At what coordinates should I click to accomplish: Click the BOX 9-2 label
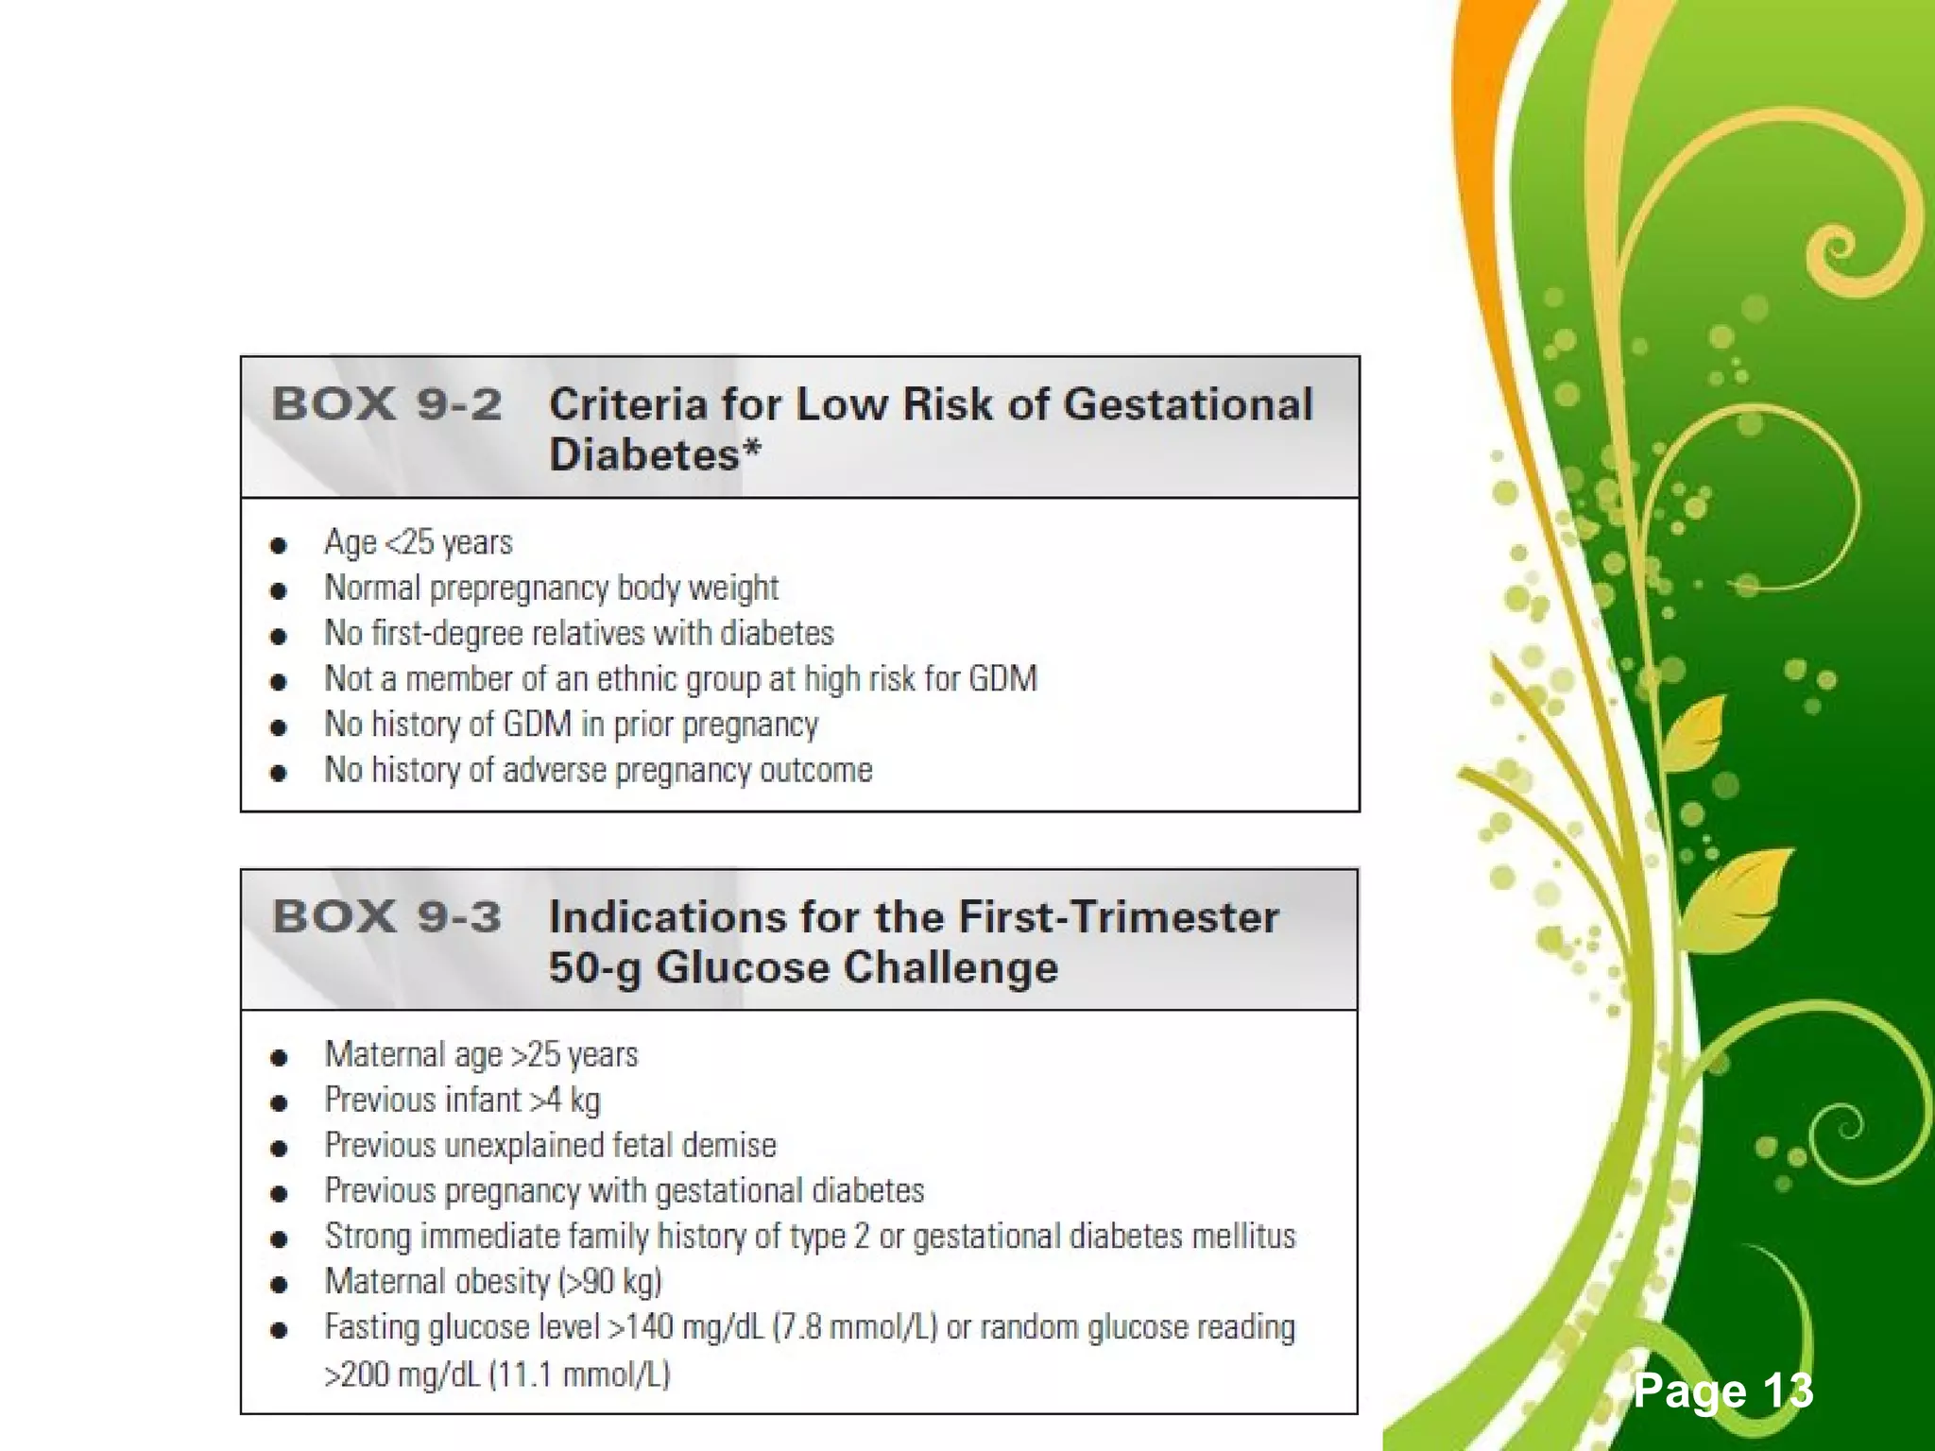click(385, 404)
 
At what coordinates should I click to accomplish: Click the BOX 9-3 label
click(385, 917)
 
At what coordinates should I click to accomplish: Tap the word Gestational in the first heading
click(1188, 404)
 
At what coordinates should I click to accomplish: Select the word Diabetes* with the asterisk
click(654, 455)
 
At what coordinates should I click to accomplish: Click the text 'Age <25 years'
click(418, 543)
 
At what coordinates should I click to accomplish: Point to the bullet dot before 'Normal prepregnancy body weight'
click(278, 591)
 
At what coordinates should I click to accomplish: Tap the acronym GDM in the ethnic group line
click(1002, 679)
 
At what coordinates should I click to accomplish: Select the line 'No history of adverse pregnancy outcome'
click(598, 771)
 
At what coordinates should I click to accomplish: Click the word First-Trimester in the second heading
click(1119, 917)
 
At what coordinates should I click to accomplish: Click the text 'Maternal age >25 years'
click(481, 1055)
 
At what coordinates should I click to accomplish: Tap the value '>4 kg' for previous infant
click(564, 1101)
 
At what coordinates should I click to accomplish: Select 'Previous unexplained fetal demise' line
click(550, 1146)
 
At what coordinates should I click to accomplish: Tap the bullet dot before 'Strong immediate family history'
click(278, 1238)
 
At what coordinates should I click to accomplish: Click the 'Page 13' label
click(1722, 1391)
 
